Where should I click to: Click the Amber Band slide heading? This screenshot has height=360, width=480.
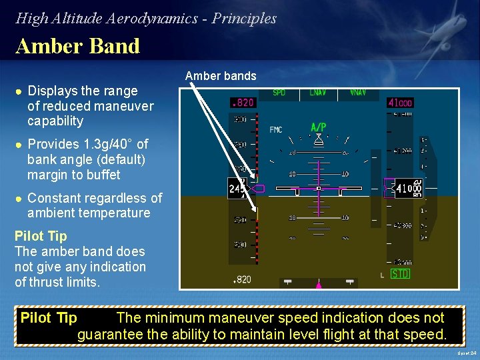click(x=77, y=46)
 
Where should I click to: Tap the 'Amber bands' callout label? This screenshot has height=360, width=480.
click(x=221, y=76)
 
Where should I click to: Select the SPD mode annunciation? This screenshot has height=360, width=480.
click(x=279, y=93)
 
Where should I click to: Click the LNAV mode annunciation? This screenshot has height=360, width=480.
click(x=317, y=93)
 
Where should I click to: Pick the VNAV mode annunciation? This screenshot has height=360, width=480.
click(x=358, y=93)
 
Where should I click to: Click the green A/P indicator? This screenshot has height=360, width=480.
click(x=319, y=127)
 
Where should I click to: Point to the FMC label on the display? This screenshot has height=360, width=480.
click(x=275, y=129)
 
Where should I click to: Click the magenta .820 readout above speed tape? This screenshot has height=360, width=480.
click(x=242, y=103)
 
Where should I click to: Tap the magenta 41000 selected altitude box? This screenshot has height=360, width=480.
click(x=400, y=103)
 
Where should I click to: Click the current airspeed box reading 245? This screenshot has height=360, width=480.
click(x=236, y=189)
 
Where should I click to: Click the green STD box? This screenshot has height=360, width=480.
click(x=400, y=274)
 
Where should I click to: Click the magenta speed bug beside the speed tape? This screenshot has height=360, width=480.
click(x=258, y=189)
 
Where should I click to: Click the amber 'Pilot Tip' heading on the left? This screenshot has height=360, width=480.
click(x=41, y=236)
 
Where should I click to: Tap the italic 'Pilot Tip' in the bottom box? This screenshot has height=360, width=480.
click(x=49, y=317)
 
